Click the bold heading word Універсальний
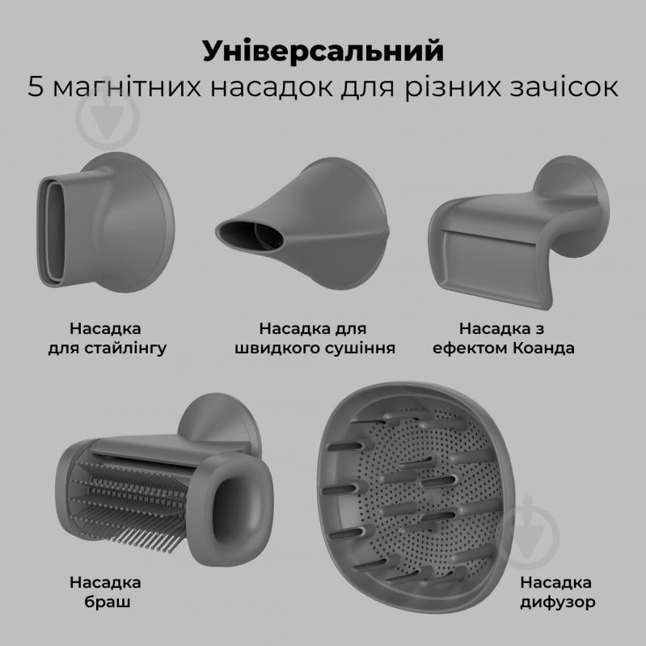323,51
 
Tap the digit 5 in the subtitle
36,87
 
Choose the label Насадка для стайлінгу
105,339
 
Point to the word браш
105,602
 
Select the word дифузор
555,602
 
